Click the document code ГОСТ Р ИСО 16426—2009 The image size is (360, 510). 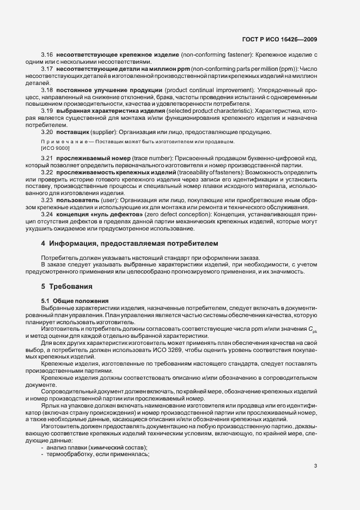click(279, 39)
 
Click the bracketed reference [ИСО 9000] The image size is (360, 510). click(52, 148)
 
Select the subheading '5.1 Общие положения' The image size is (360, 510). click(75, 301)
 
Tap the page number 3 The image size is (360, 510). click(315, 465)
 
